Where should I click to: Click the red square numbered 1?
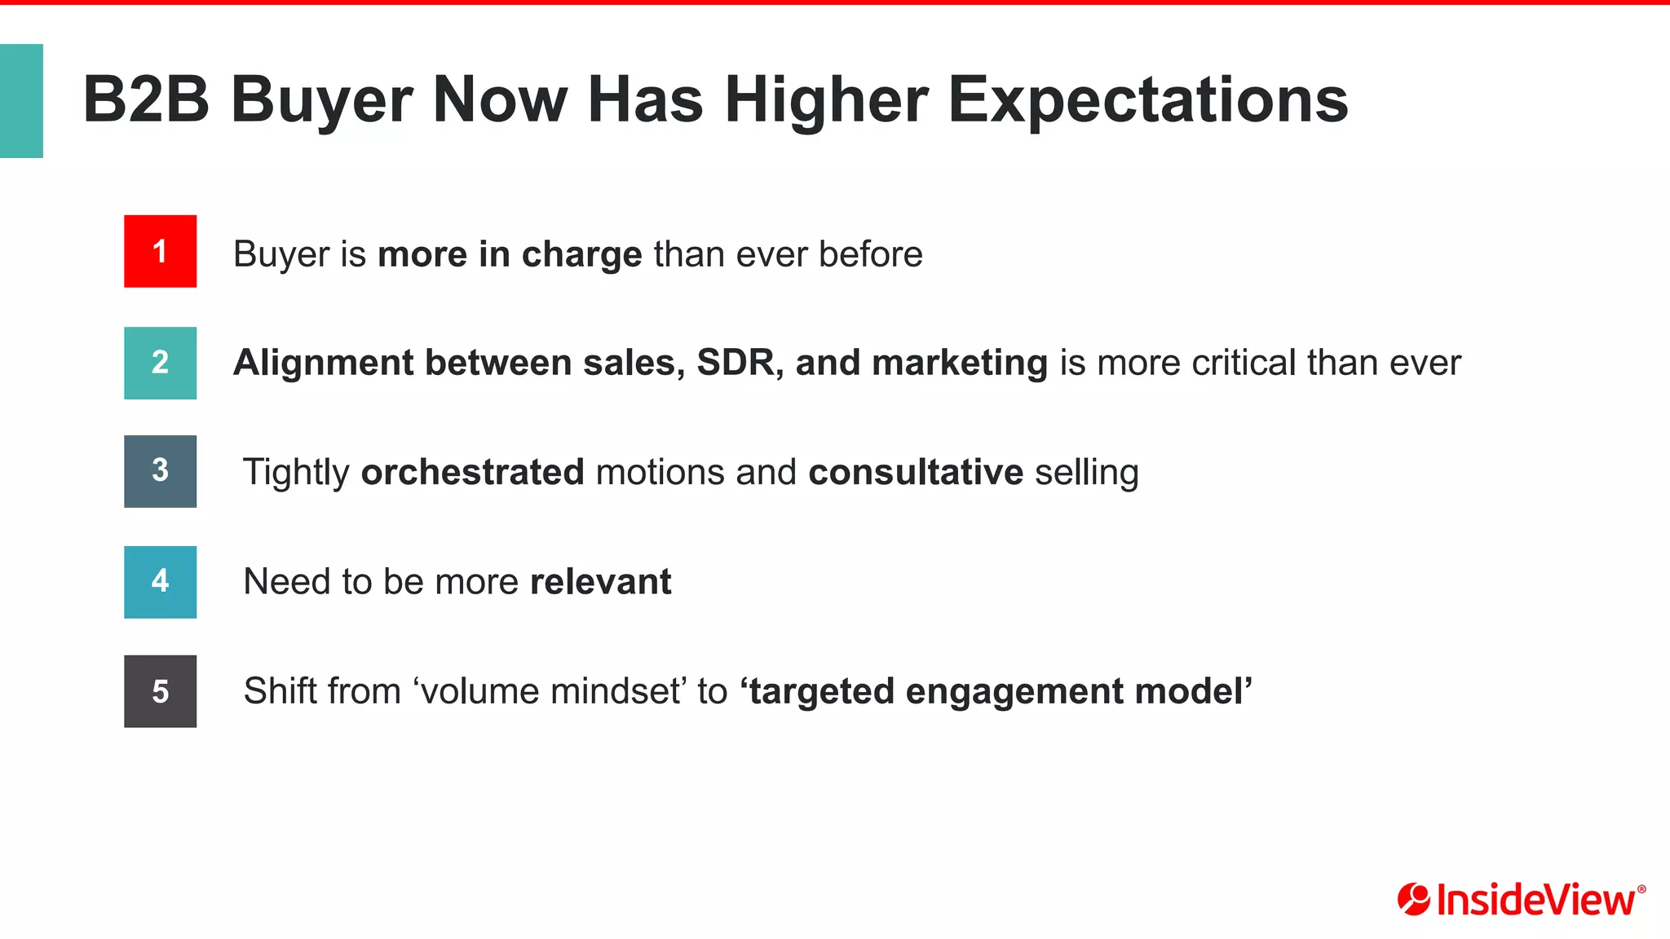click(x=160, y=251)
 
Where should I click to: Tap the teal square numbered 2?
click(x=160, y=363)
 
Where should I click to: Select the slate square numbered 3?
click(x=160, y=471)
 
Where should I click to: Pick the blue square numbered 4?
click(x=160, y=582)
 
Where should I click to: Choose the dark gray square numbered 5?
click(x=160, y=691)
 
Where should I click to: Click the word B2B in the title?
click(x=146, y=99)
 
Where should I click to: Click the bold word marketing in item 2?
click(x=960, y=363)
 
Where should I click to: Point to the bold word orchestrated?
click(x=472, y=472)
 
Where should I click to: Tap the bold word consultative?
click(x=915, y=472)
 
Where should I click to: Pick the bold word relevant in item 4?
click(x=600, y=582)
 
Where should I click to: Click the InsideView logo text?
click(x=1535, y=900)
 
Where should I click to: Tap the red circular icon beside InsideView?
click(x=1413, y=899)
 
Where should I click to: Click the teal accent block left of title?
click(x=21, y=100)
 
